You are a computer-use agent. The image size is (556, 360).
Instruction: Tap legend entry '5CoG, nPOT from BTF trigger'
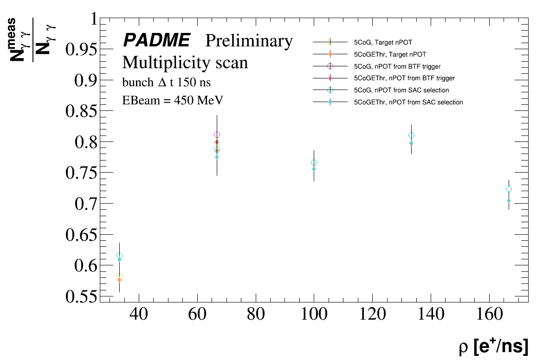click(x=397, y=66)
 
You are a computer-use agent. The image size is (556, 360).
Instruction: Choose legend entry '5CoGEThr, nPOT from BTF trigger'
click(x=404, y=78)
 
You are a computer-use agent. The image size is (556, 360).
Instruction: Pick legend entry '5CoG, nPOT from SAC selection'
click(x=401, y=90)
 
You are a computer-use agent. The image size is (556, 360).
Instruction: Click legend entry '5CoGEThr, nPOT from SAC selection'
click(x=408, y=102)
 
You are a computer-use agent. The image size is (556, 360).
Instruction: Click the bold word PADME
click(x=156, y=41)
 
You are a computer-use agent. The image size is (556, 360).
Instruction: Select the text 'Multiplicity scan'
click(x=185, y=62)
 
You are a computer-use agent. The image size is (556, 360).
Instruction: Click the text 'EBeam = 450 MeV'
click(x=173, y=101)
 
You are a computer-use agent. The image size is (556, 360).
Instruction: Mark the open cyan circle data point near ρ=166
click(x=509, y=189)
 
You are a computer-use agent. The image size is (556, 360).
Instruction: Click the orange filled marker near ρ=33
click(x=119, y=280)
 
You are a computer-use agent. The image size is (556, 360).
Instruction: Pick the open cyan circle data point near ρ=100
click(x=314, y=162)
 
